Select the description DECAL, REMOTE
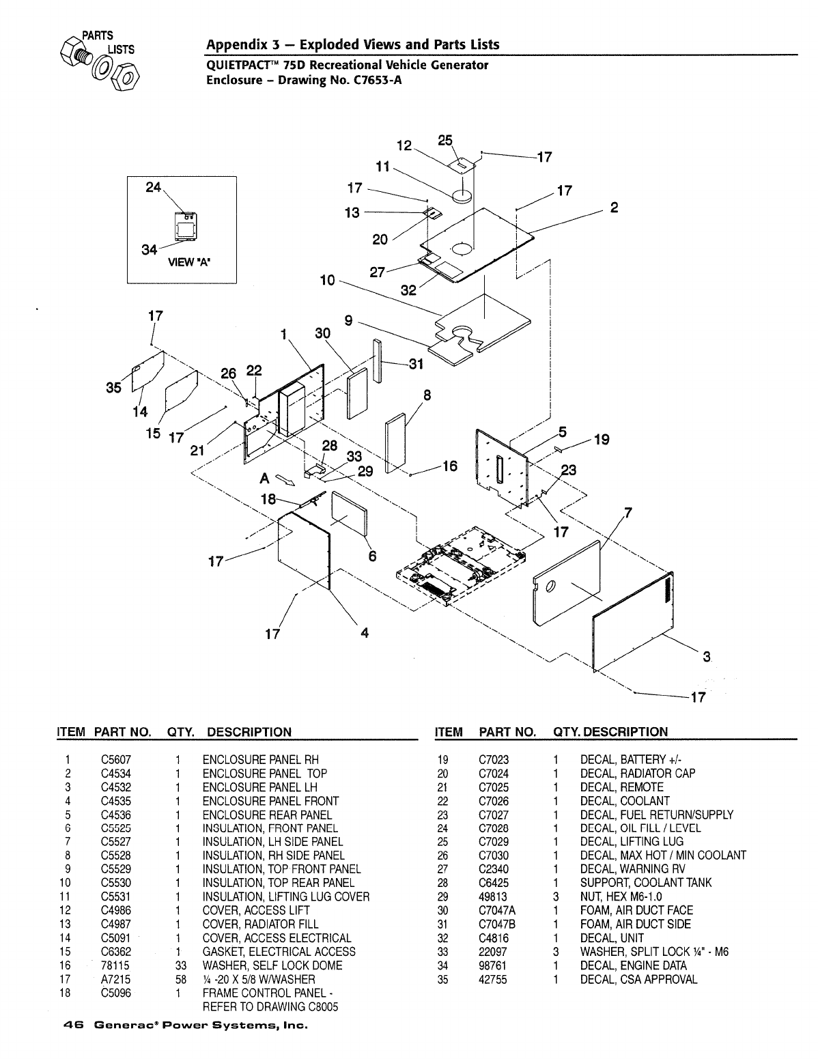point(621,787)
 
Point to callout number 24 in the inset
point(154,186)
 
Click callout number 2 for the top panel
point(614,208)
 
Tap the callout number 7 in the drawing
point(628,513)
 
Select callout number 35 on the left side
point(113,387)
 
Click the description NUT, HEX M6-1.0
point(621,896)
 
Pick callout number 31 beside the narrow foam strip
point(416,364)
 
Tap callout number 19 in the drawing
point(601,440)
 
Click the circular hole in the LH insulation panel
point(552,586)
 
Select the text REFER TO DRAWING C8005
point(270,1006)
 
